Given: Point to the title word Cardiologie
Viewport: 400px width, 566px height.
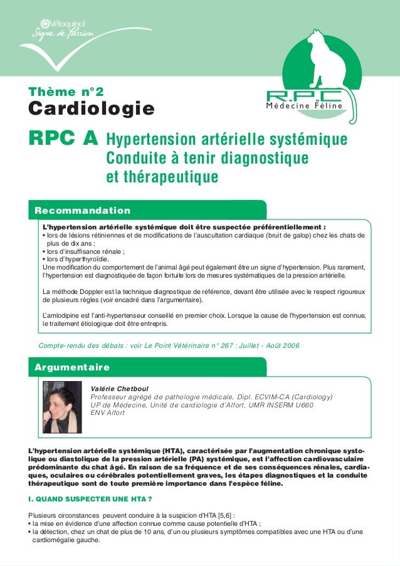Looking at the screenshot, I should point(92,110).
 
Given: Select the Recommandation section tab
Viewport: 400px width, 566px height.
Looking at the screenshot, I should point(83,210).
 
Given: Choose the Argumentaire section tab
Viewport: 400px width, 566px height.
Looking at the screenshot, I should point(73,367).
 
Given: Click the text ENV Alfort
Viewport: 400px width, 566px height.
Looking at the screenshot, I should point(108,412).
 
